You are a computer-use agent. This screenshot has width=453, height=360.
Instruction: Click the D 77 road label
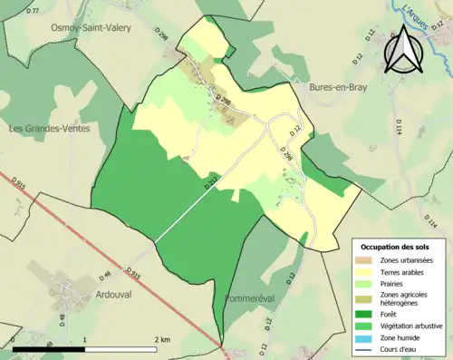[34, 10]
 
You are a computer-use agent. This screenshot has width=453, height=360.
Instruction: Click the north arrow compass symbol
[403, 50]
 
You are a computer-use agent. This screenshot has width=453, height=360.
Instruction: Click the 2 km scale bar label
[163, 339]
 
